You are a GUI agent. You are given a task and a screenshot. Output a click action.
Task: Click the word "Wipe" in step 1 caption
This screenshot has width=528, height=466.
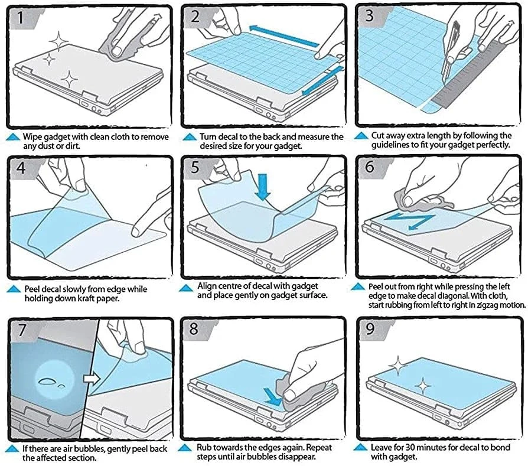[34, 137]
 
